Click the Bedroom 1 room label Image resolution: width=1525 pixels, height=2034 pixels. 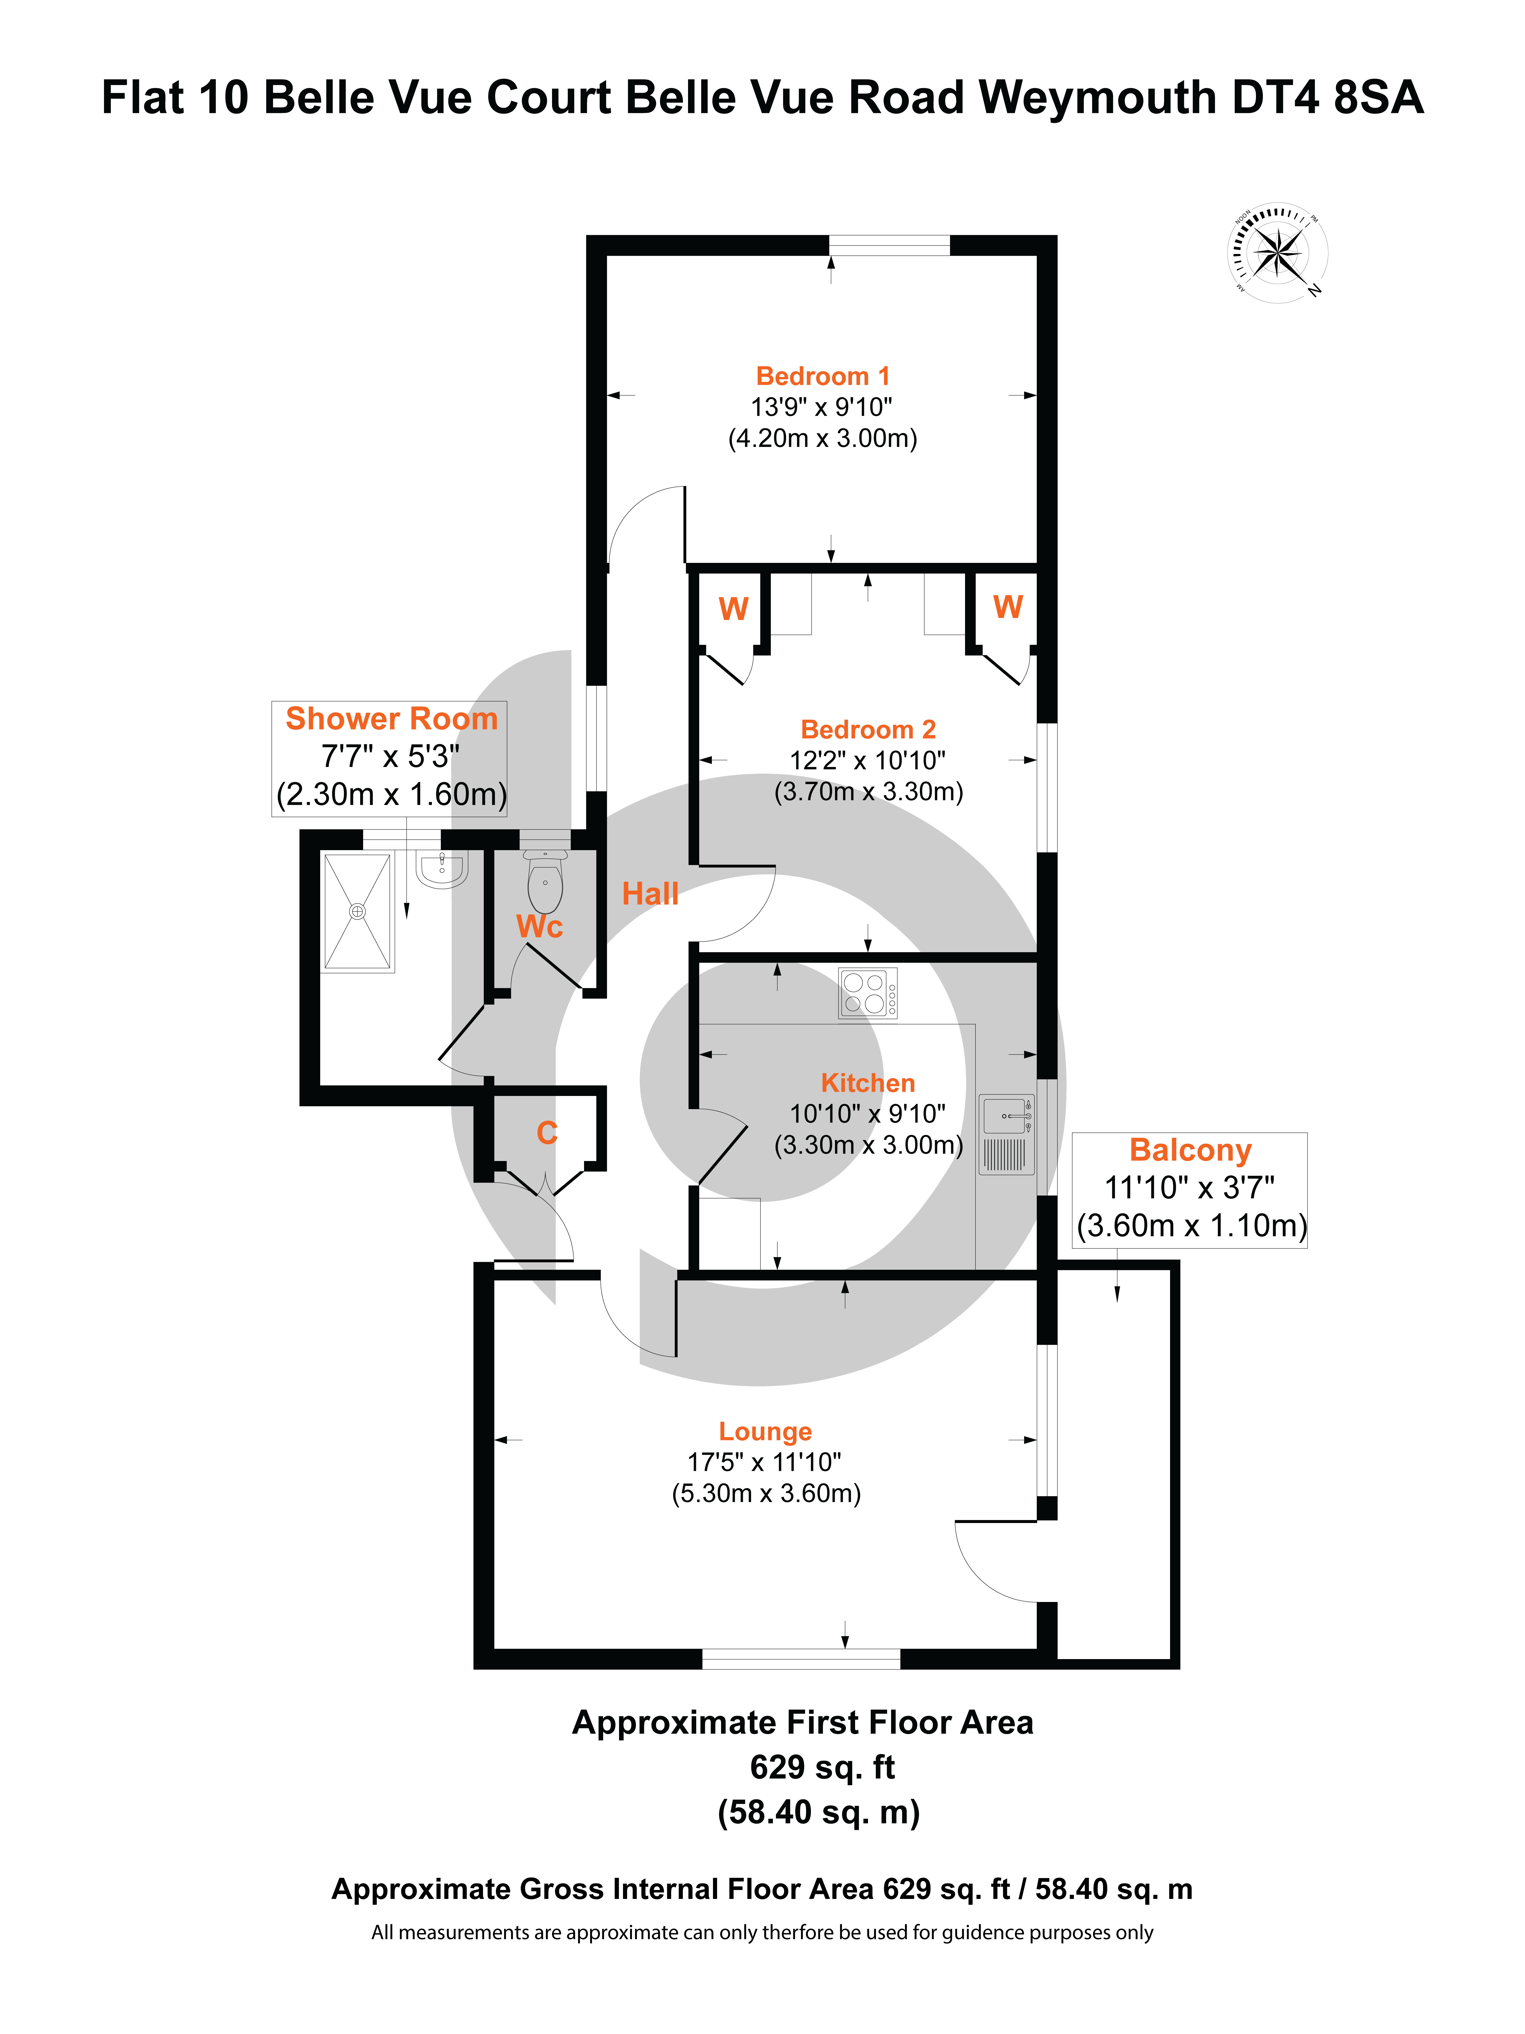click(823, 376)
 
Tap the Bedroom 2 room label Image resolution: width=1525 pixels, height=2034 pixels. click(868, 729)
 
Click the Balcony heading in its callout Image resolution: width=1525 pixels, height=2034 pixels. click(1190, 1150)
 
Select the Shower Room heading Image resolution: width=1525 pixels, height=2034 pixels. click(392, 718)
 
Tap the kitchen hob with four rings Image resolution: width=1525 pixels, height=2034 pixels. click(868, 993)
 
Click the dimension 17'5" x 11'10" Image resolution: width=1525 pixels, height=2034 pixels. click(765, 1462)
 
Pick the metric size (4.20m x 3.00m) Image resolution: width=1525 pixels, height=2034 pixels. click(823, 438)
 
